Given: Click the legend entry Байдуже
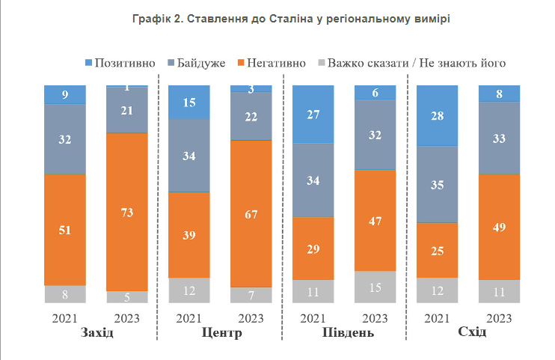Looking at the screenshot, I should (x=194, y=63).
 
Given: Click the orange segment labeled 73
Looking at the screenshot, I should (x=127, y=212).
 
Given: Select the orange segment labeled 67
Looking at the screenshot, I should (x=251, y=214).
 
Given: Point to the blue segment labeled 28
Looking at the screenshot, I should (x=438, y=115).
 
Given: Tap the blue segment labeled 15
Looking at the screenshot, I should (x=189, y=102).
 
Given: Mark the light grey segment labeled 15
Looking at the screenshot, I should (x=375, y=287).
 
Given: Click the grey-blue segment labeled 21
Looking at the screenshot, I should (x=127, y=110).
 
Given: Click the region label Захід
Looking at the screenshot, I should (x=96, y=332).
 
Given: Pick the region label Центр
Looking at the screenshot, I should (x=221, y=332).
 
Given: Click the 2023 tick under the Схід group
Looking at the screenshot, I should (x=499, y=318).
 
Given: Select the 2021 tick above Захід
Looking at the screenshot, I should (x=65, y=318).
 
